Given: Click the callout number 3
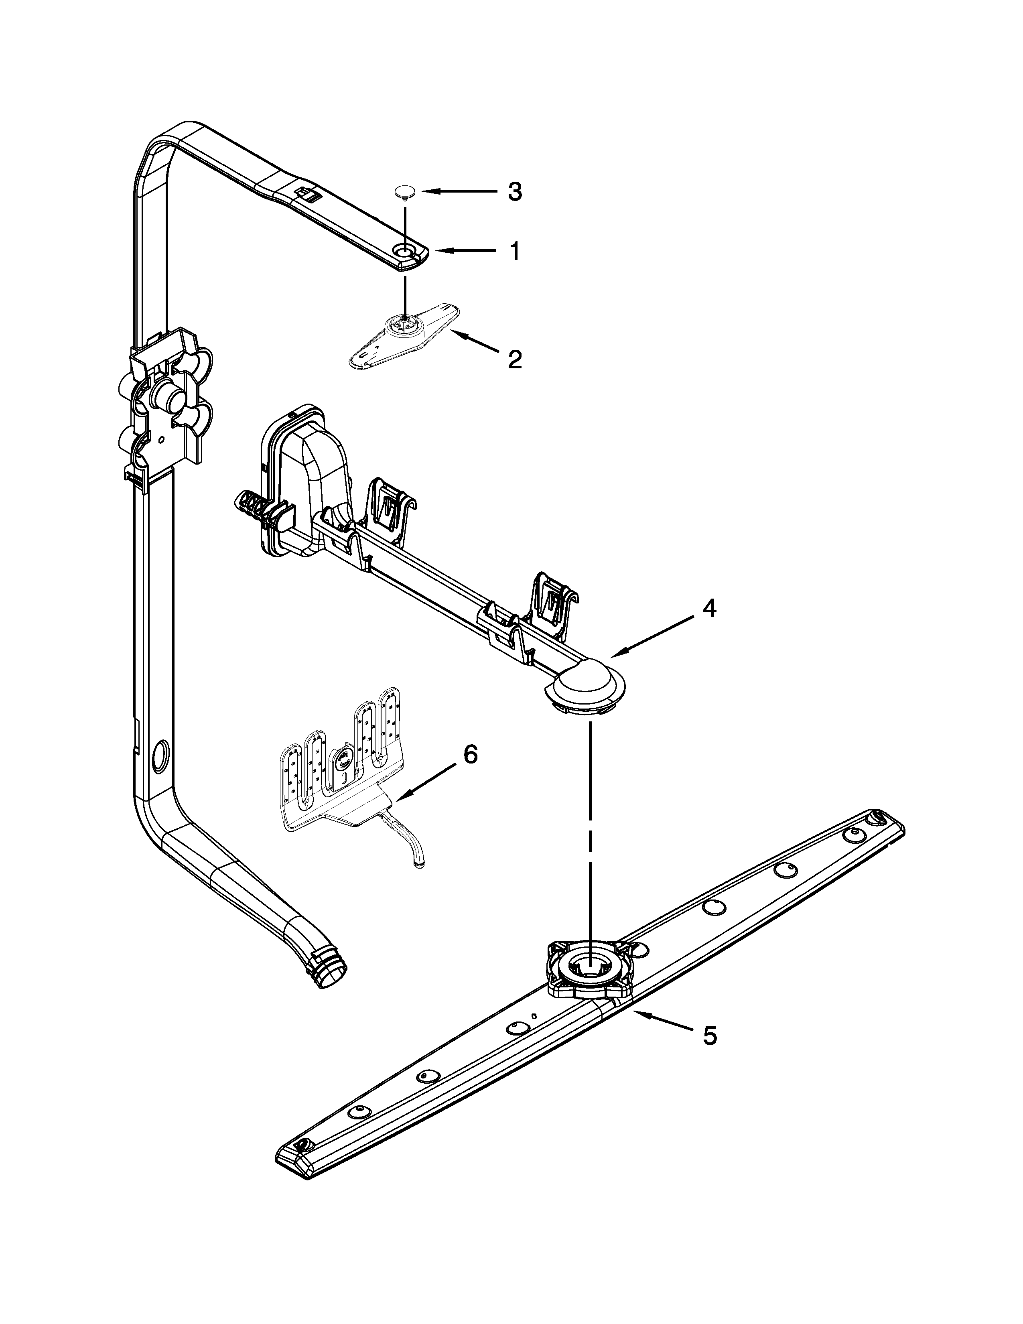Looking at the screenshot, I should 514,192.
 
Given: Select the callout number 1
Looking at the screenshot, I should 514,250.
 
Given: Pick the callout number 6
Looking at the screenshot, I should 470,754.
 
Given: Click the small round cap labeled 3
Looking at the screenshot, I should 404,192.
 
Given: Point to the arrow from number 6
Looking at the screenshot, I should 424,782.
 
